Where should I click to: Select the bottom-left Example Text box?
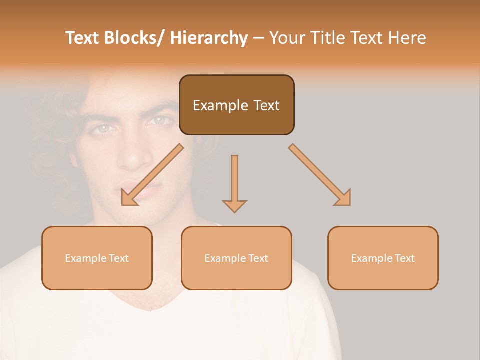(x=97, y=258)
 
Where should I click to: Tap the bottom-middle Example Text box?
(x=236, y=258)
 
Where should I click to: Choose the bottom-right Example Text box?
(x=383, y=258)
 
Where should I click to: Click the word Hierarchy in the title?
(x=209, y=38)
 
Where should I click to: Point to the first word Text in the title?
(x=83, y=38)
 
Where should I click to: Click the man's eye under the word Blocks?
(x=104, y=128)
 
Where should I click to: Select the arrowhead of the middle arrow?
(x=234, y=205)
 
